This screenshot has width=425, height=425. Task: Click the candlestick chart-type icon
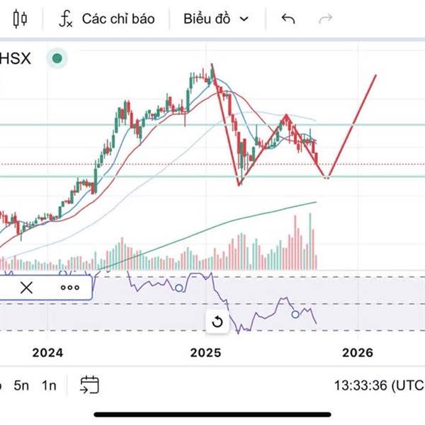19,18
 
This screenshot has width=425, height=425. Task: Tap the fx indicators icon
65,18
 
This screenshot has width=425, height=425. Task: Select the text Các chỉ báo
118,18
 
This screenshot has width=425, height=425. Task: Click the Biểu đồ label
207,18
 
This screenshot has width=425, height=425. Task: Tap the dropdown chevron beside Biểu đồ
244,19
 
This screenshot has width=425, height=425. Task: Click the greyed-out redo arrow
325,18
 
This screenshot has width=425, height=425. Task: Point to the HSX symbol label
15,58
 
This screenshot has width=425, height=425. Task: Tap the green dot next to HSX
57,59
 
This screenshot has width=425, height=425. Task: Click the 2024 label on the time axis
47,352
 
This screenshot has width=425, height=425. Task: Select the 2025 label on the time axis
206,352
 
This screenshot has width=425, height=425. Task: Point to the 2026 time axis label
358,352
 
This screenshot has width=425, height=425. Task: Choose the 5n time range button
22,385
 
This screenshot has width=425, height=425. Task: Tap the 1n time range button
49,385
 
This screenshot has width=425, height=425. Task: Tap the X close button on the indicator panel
26,288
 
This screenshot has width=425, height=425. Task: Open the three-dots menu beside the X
69,288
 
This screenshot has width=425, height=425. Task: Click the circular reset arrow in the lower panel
217,322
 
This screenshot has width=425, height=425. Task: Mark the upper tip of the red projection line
375,75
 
